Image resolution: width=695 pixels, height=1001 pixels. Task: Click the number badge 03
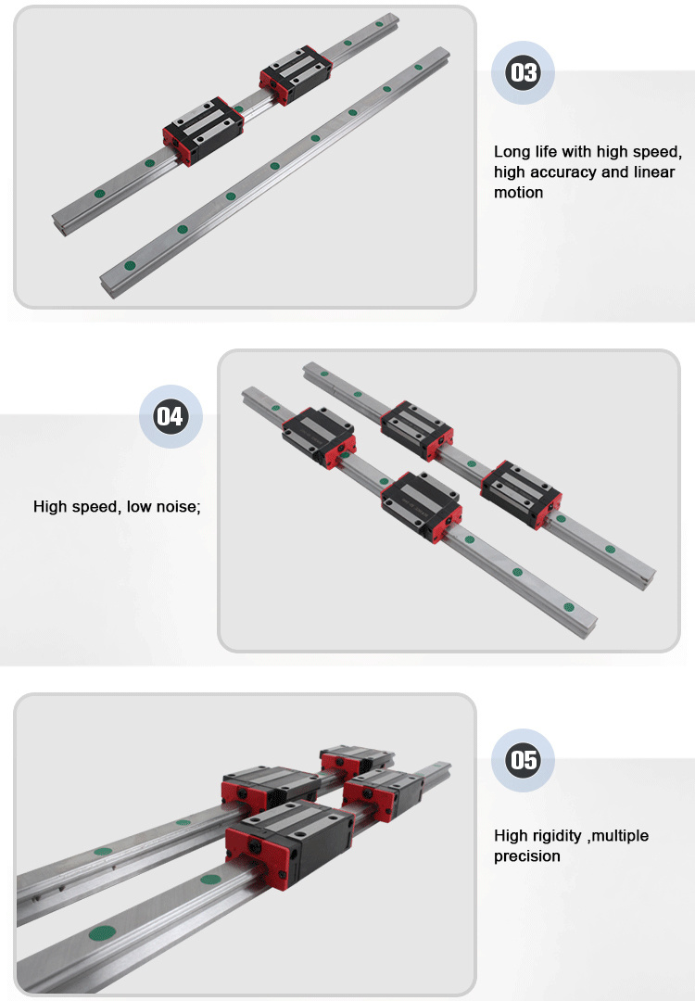point(523,72)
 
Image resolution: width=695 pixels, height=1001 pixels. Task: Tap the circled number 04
point(170,416)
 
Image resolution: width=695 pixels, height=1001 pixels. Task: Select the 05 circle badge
point(523,760)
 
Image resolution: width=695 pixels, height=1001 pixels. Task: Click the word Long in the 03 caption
point(512,151)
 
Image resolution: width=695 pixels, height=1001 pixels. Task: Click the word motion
point(518,192)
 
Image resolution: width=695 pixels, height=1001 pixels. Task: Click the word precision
point(526,855)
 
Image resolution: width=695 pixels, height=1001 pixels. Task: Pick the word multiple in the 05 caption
point(620,835)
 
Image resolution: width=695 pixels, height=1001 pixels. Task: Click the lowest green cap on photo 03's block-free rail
point(130,265)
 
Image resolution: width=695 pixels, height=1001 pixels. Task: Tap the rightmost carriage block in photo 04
point(521,492)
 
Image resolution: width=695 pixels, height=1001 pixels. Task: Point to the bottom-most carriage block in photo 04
point(422,505)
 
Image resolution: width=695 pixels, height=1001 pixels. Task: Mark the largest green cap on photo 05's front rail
point(105,931)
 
